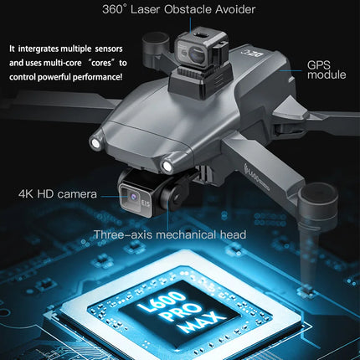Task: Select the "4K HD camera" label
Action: pyautogui.click(x=57, y=194)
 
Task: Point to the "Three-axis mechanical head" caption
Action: pyautogui.click(x=169, y=234)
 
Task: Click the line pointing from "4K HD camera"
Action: pyautogui.click(x=109, y=194)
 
